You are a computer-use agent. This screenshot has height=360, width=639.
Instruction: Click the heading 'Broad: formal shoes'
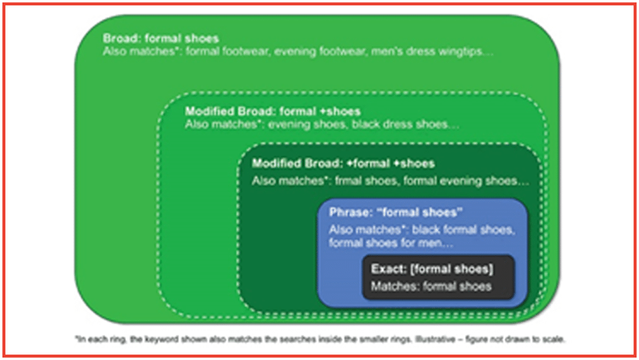point(161,38)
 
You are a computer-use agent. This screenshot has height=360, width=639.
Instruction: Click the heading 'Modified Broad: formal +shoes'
point(273,111)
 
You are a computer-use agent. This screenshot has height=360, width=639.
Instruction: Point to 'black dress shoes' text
point(400,124)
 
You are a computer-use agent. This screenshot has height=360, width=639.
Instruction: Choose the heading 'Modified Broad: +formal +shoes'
point(343,163)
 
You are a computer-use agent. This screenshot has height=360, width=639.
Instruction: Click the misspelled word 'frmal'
point(348,181)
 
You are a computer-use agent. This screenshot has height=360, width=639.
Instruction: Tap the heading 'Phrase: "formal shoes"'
point(396,212)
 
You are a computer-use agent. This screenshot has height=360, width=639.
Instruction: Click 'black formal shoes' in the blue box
point(462,230)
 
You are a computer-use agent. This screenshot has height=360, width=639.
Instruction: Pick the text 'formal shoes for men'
point(385,243)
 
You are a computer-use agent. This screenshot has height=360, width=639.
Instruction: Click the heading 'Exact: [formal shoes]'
point(432,269)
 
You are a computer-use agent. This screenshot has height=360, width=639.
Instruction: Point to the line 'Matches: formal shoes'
point(431,286)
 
